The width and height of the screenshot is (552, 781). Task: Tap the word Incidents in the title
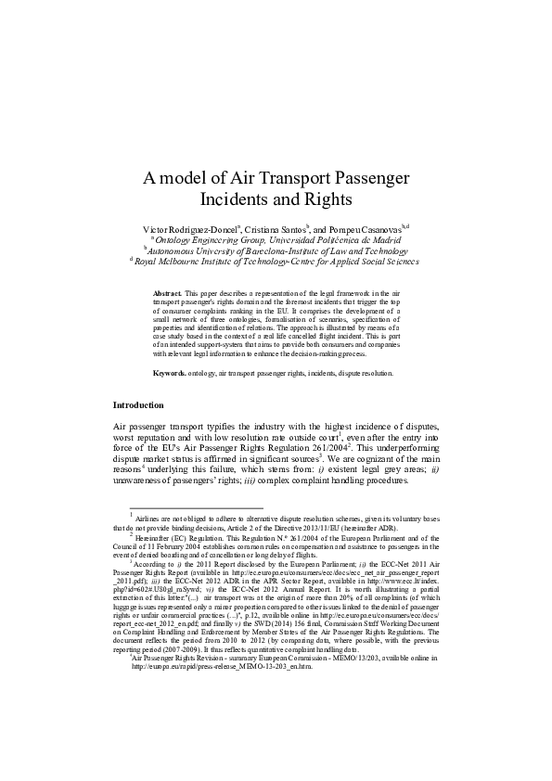(238, 198)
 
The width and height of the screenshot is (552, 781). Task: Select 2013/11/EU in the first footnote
(300, 528)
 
